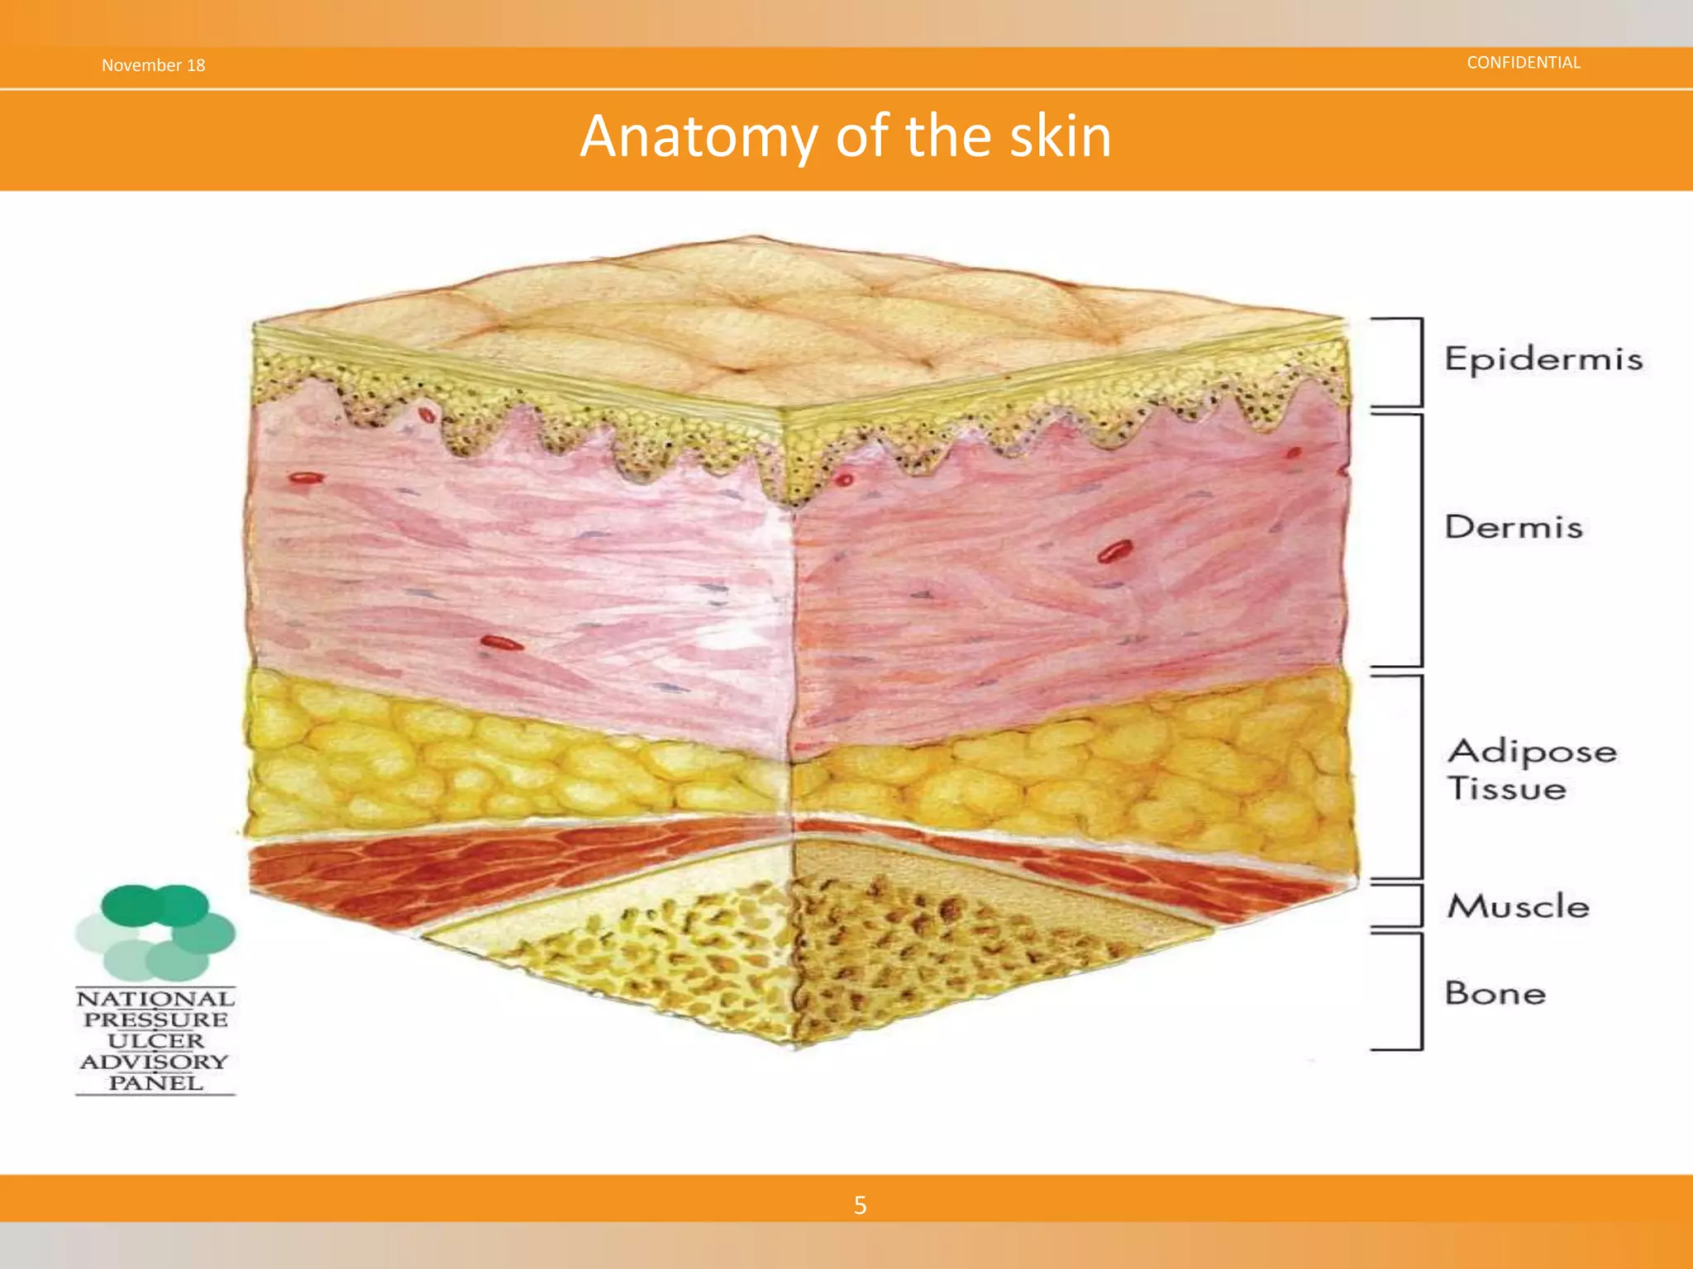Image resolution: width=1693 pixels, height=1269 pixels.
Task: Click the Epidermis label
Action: pyautogui.click(x=1543, y=359)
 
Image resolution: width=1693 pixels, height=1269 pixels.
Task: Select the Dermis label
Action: pyautogui.click(x=1513, y=527)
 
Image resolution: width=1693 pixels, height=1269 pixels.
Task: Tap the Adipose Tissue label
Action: pyautogui.click(x=1531, y=769)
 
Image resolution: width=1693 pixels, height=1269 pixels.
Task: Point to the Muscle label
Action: pyautogui.click(x=1518, y=906)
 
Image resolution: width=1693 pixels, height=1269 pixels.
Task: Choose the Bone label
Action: pyautogui.click(x=1495, y=992)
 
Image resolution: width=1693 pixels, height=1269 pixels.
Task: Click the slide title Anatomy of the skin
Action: pyautogui.click(x=846, y=136)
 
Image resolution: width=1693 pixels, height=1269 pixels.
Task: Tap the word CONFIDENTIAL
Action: pyautogui.click(x=1523, y=63)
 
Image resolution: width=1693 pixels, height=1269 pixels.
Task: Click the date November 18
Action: pyautogui.click(x=153, y=65)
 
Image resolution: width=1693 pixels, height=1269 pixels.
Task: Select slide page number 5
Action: pyautogui.click(x=860, y=1205)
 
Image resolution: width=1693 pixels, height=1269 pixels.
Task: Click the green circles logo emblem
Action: pyautogui.click(x=155, y=932)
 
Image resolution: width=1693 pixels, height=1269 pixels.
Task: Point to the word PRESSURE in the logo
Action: pyautogui.click(x=155, y=1019)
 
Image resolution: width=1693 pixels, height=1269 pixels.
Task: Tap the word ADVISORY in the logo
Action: pyautogui.click(x=155, y=1062)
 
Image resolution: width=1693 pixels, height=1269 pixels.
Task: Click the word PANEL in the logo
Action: pyautogui.click(x=155, y=1083)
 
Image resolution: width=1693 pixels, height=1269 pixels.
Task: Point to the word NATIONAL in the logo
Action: pyautogui.click(x=155, y=999)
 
